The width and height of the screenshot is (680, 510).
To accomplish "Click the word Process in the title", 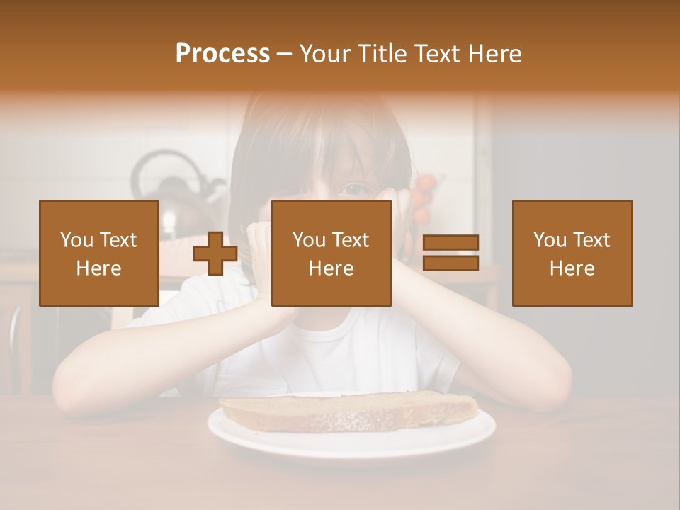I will click(222, 54).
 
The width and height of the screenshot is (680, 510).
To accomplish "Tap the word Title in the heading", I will click(381, 54).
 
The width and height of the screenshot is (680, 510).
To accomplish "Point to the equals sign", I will click(450, 253).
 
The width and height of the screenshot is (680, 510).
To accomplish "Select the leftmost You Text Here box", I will click(99, 253).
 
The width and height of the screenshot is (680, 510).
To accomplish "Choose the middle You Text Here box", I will click(331, 253).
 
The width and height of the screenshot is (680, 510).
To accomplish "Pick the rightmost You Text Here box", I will click(572, 253).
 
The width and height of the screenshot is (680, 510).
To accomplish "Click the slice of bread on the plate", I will click(347, 412).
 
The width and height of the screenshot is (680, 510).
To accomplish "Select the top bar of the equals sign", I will click(450, 242).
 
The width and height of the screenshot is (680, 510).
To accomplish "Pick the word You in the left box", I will click(76, 240).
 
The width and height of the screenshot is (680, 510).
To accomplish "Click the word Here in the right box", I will click(572, 268).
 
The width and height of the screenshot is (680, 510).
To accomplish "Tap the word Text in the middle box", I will click(350, 240).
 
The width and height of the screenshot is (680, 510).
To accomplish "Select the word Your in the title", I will click(327, 54).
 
